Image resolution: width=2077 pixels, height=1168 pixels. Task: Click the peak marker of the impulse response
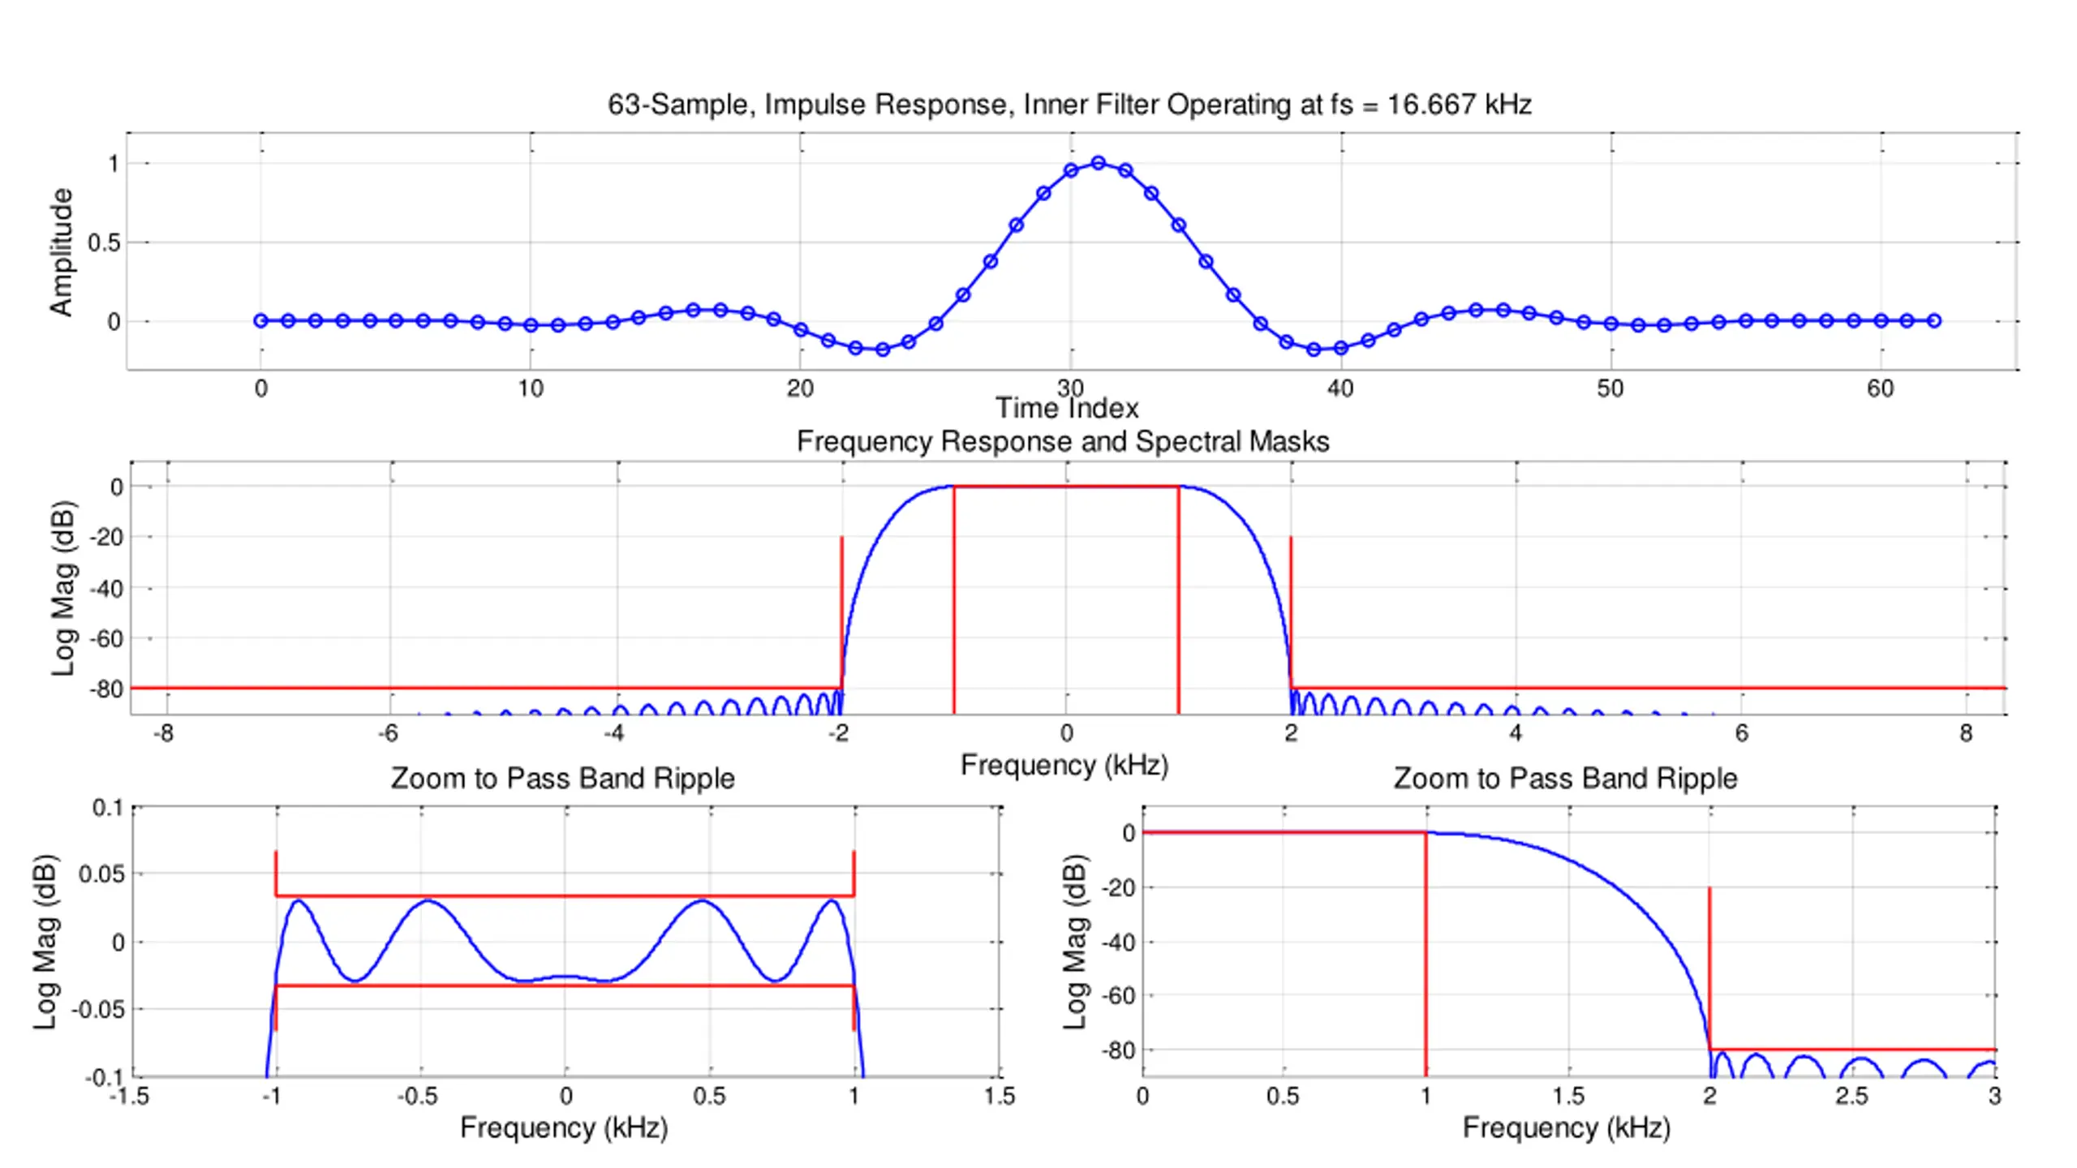click(1098, 163)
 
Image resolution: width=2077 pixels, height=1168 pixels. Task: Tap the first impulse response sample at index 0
click(260, 320)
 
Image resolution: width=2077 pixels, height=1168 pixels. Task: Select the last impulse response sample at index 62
click(1934, 320)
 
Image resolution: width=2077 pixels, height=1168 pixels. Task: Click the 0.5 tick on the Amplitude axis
click(105, 243)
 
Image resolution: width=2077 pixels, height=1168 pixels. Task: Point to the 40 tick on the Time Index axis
click(1340, 389)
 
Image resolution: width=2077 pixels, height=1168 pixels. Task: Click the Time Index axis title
click(1067, 408)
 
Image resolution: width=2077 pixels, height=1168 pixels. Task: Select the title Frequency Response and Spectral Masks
click(1063, 441)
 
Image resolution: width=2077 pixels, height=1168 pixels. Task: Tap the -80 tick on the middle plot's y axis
click(105, 689)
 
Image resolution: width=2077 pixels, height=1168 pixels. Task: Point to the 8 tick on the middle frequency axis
click(1965, 733)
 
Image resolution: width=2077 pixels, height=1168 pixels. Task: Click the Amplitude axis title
click(62, 251)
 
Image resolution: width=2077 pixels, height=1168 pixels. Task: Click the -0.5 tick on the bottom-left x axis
click(417, 1097)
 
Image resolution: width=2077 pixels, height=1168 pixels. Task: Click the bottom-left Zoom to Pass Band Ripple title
click(562, 779)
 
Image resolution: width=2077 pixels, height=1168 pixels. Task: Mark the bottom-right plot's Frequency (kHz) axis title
click(1566, 1127)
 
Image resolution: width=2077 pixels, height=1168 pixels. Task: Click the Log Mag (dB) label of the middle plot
click(63, 588)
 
